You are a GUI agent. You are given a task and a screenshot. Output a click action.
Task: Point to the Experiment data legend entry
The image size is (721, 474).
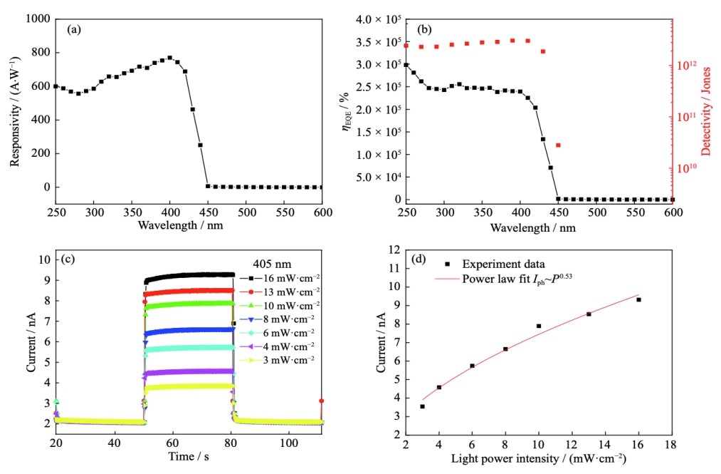click(x=502, y=264)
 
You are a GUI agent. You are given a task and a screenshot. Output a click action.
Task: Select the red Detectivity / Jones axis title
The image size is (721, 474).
click(x=707, y=107)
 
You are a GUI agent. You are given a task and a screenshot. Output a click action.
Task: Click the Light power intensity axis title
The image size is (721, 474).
click(x=538, y=459)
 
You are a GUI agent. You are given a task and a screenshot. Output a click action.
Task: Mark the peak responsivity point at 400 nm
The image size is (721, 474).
click(x=169, y=58)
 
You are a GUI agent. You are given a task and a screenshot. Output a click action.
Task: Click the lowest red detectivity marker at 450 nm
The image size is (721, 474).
click(x=558, y=145)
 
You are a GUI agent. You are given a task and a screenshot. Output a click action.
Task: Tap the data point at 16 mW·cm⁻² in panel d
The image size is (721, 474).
click(x=638, y=299)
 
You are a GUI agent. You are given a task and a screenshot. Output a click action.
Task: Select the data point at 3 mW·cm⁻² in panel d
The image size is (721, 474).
click(x=422, y=406)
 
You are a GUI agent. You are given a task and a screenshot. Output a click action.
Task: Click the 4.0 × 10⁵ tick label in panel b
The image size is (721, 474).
click(x=373, y=19)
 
